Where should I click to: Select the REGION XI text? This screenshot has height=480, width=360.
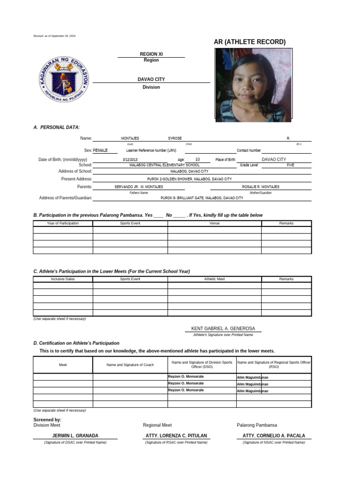(151, 54)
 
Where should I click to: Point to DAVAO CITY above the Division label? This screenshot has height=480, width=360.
(151, 80)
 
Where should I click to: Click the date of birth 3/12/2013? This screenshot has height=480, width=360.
(130, 160)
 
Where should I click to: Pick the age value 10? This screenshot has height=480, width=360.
(197, 160)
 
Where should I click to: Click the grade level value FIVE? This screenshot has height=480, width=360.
(290, 165)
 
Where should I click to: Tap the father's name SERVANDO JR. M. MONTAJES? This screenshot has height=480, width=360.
(139, 187)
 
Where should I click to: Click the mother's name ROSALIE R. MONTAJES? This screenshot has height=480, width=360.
(260, 187)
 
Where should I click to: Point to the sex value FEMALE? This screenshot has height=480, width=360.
(100, 150)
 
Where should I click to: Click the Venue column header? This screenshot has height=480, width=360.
(214, 224)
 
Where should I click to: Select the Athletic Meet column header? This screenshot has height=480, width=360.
(214, 279)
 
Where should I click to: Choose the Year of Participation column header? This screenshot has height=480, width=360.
(63, 224)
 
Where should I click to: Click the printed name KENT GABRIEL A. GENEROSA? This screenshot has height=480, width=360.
(223, 329)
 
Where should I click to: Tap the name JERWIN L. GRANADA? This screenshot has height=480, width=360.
(75, 435)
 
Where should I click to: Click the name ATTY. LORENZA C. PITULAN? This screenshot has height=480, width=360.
(176, 435)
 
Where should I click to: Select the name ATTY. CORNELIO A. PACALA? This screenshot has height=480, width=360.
(274, 435)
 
